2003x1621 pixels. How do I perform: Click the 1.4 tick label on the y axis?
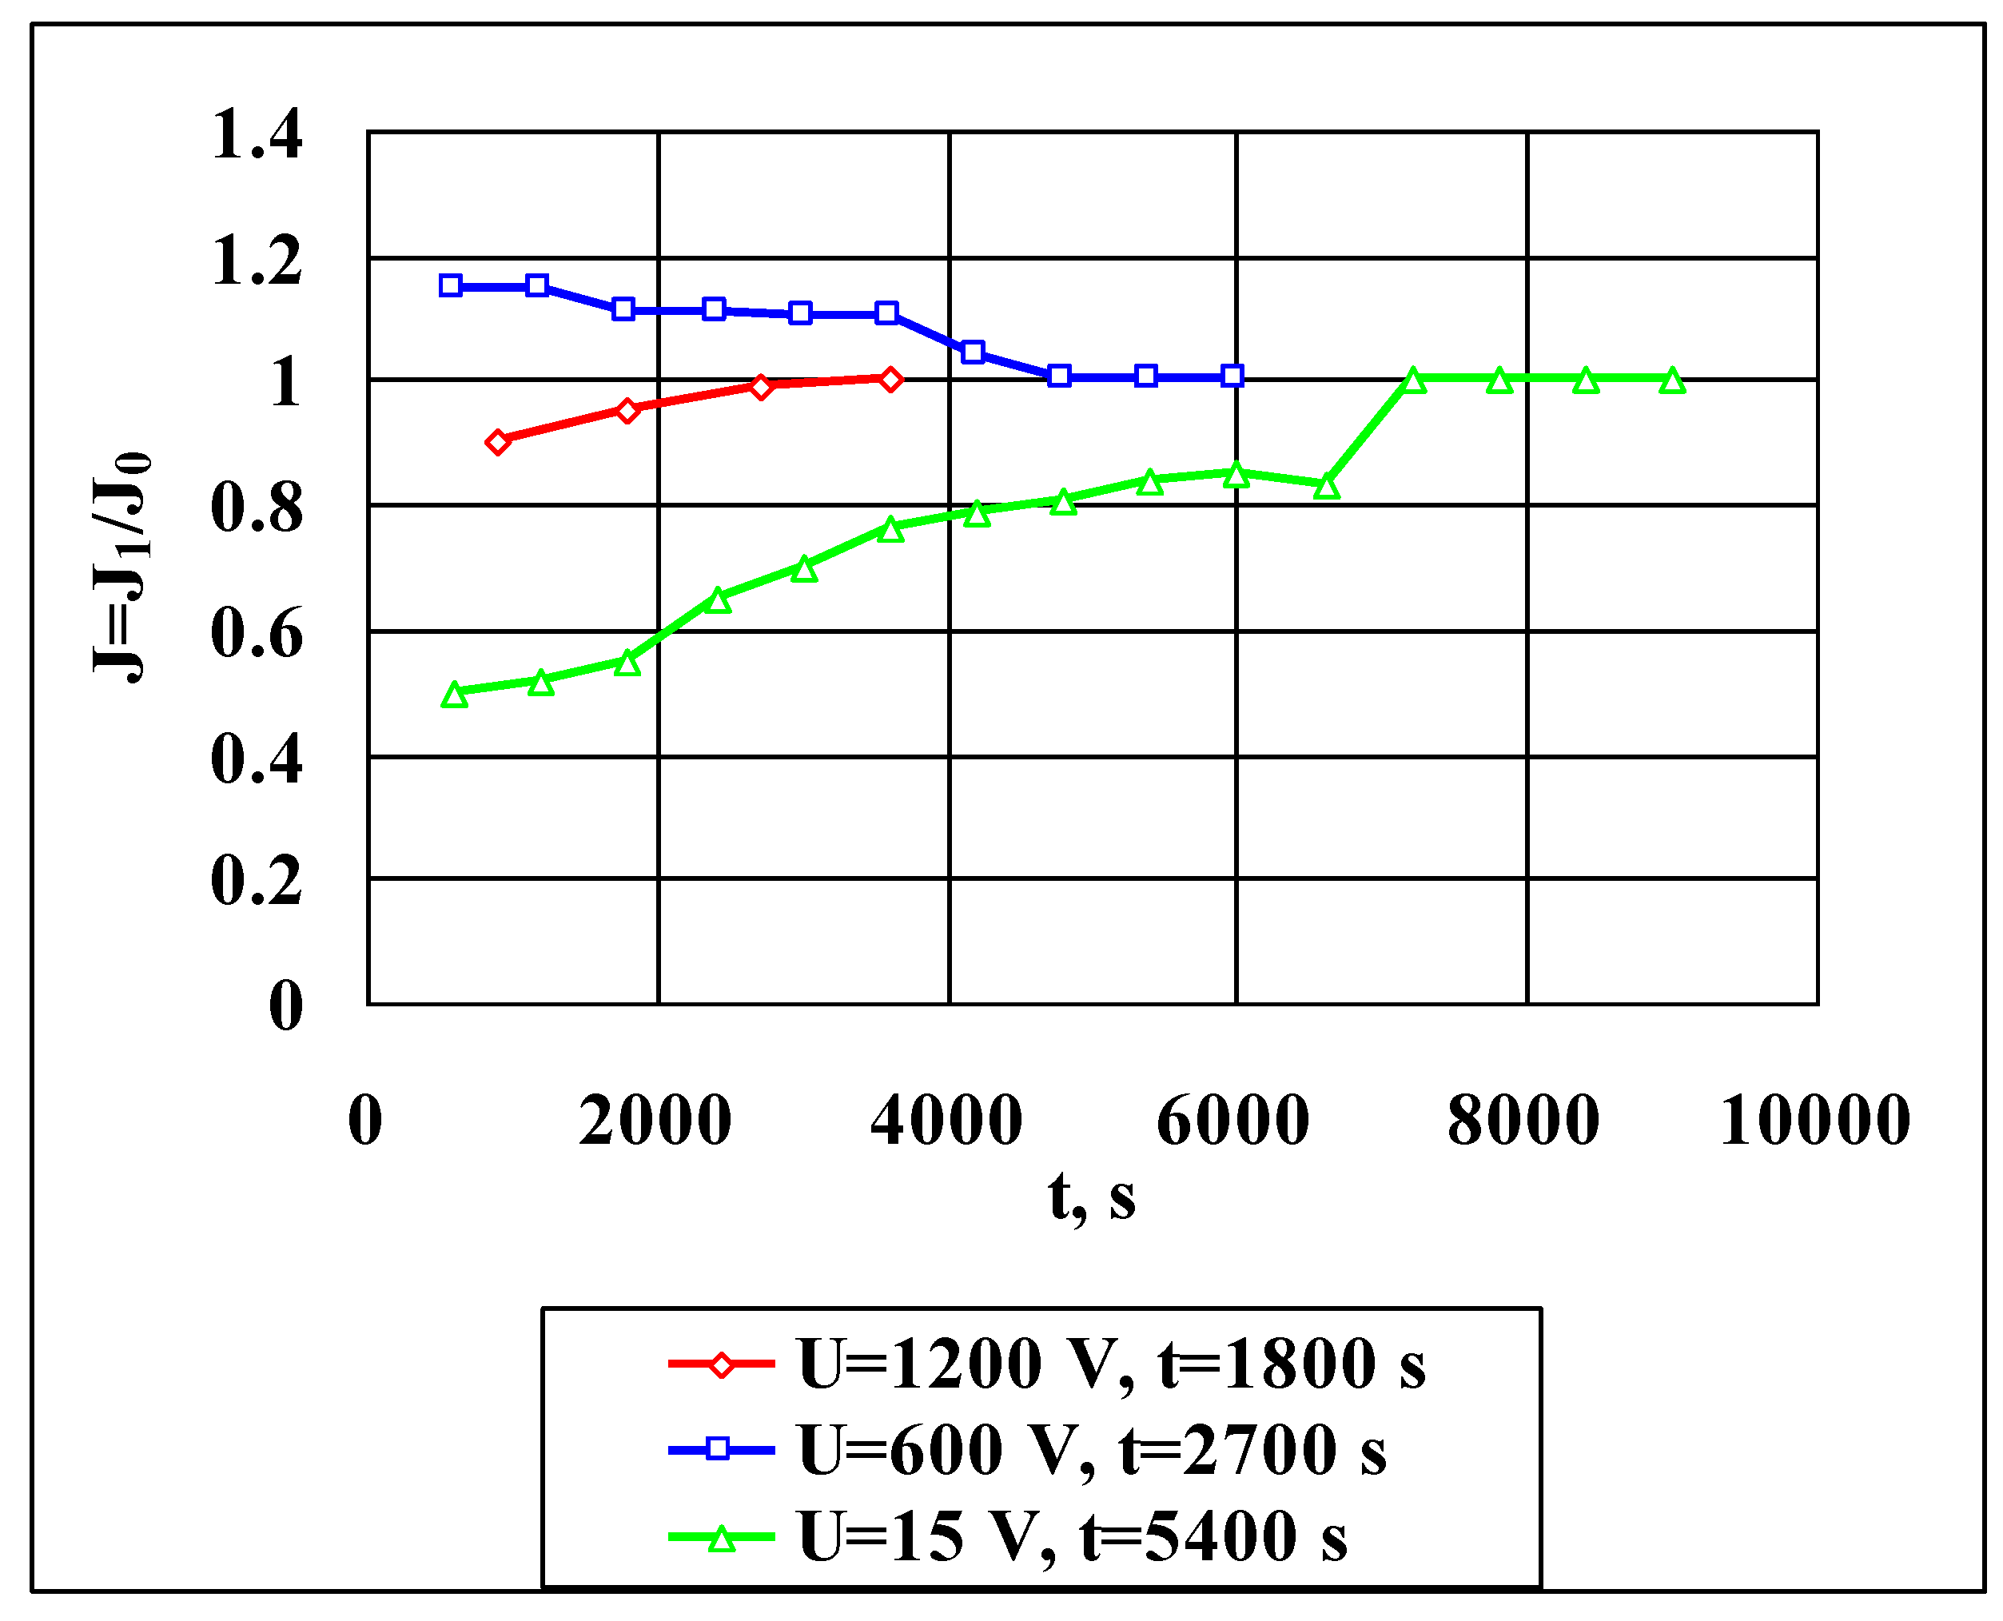pos(257,134)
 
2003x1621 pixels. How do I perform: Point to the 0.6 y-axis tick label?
pos(257,634)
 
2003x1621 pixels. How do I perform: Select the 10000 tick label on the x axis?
pos(1814,1120)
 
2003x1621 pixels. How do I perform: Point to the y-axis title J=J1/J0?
pos(122,567)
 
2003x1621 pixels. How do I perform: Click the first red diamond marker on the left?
pos(498,443)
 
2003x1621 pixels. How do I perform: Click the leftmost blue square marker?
pos(450,285)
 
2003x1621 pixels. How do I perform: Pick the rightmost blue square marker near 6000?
pos(1232,376)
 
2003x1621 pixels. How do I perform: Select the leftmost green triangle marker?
pos(454,695)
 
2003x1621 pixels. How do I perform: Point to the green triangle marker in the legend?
pos(721,1538)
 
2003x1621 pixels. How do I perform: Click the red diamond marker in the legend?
pos(721,1364)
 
